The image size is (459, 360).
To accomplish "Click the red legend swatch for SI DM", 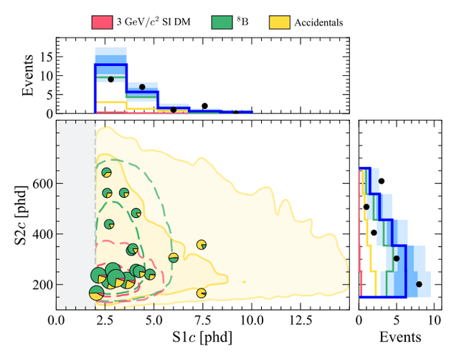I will click(99, 22).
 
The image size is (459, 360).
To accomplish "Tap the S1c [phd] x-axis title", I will click(202, 335).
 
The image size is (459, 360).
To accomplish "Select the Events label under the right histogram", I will click(400, 335).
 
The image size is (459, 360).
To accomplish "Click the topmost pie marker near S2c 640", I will click(107, 173).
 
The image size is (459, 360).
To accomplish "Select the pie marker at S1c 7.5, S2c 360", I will click(202, 245).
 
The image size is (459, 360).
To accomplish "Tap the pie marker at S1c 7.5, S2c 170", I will click(202, 293).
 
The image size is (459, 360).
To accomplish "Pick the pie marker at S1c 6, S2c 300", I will click(173, 257).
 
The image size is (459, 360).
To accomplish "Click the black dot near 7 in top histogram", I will click(142, 87).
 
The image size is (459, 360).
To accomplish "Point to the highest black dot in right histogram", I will click(382, 181).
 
